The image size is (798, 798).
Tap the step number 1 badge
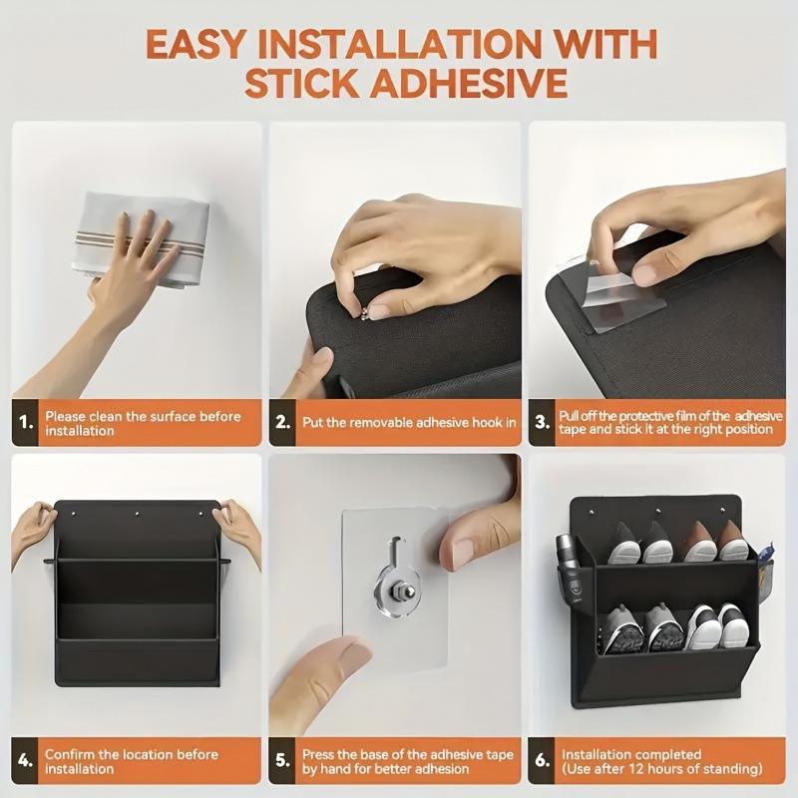[x=27, y=423]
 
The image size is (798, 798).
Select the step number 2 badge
[x=284, y=422]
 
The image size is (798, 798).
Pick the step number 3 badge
[x=543, y=422]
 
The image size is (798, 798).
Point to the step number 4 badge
[x=27, y=762]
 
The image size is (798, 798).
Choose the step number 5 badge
[x=284, y=762]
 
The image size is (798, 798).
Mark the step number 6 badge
[x=543, y=762]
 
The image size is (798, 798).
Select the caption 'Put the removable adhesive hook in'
[x=409, y=422]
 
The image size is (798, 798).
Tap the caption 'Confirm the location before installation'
[x=131, y=762]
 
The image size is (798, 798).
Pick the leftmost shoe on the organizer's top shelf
[x=624, y=545]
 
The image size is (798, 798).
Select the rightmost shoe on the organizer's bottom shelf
[x=732, y=628]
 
